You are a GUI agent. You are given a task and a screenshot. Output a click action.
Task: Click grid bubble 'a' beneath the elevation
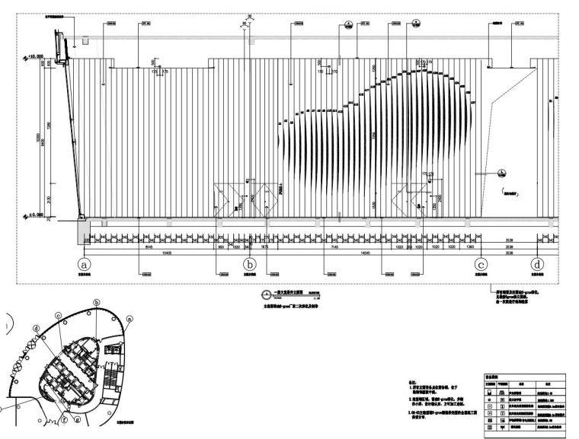point(85,263)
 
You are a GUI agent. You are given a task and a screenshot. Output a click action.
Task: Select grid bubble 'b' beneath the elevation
point(249,263)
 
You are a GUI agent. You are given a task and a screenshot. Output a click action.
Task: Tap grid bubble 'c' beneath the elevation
point(480,263)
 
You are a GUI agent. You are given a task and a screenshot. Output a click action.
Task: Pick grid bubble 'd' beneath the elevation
point(539,263)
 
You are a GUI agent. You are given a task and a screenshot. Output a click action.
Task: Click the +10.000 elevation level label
point(37,55)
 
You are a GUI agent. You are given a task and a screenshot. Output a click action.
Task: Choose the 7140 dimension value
point(331,247)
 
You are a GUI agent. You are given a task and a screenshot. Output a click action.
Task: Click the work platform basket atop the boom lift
point(59,38)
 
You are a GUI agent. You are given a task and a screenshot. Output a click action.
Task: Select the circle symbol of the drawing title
point(266,295)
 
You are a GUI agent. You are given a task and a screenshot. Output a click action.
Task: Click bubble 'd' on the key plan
point(36,329)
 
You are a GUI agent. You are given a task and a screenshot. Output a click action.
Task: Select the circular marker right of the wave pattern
point(504,171)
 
